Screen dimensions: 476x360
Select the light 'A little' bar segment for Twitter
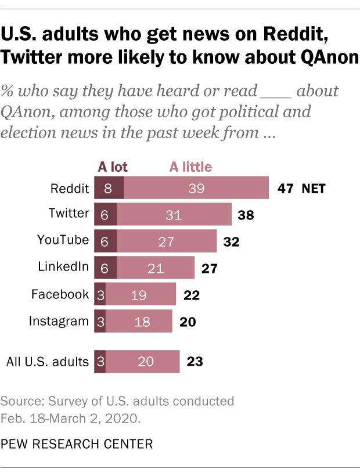click(x=174, y=215)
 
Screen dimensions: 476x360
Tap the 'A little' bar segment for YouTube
click(x=167, y=241)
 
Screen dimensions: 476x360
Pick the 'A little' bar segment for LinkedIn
click(x=156, y=268)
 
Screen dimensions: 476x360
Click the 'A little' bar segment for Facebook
click(x=141, y=294)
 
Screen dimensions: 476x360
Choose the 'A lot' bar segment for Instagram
click(x=100, y=320)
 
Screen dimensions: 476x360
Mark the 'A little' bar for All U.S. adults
click(x=142, y=362)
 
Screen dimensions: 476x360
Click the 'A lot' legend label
click(x=112, y=167)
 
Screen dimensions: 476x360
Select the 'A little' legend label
click(x=190, y=167)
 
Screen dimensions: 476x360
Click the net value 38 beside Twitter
click(x=246, y=215)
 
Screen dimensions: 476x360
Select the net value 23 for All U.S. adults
click(x=195, y=362)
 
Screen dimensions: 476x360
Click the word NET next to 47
click(x=314, y=189)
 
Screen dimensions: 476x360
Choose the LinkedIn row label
click(x=63, y=267)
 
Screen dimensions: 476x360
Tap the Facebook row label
click(x=60, y=294)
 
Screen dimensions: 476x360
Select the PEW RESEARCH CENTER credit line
click(x=77, y=444)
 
